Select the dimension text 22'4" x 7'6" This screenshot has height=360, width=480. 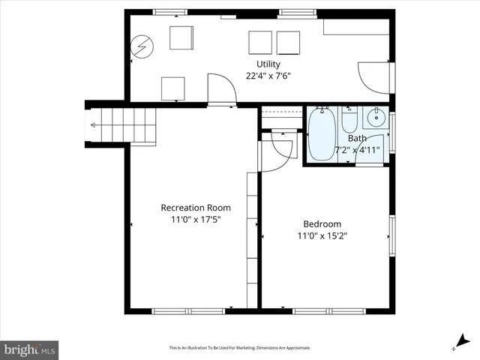(x=268, y=76)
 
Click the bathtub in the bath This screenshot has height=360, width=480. (x=322, y=135)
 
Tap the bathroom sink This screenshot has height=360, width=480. (x=376, y=118)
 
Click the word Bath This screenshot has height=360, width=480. (x=357, y=138)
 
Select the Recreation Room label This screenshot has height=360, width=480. (x=196, y=208)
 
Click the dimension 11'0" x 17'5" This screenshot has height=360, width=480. (x=196, y=219)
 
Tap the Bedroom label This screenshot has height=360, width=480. (x=322, y=224)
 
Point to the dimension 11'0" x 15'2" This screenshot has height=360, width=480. (x=322, y=235)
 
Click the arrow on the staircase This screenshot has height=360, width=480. (x=94, y=125)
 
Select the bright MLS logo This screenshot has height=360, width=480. (x=29, y=349)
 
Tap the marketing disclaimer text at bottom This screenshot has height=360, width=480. (x=239, y=348)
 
